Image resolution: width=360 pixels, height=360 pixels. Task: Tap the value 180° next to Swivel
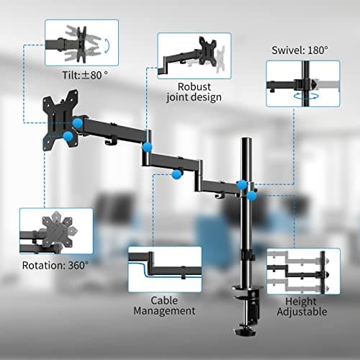[x=317, y=51]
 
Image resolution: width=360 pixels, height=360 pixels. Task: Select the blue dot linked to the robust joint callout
[x=147, y=147]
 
